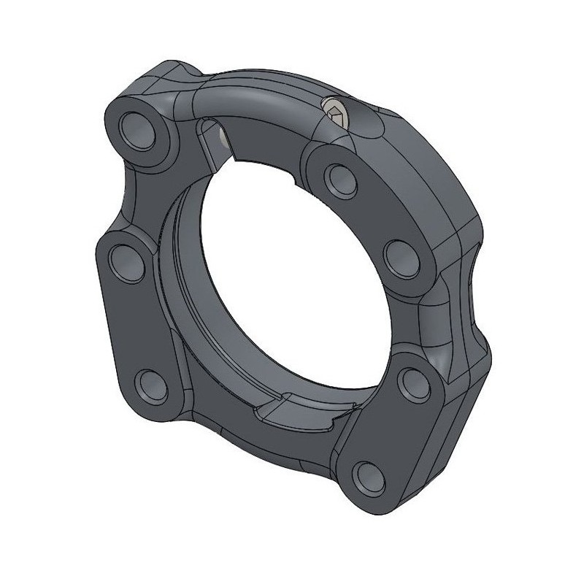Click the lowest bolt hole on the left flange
tap(151, 382)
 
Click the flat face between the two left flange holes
tap(135, 321)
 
